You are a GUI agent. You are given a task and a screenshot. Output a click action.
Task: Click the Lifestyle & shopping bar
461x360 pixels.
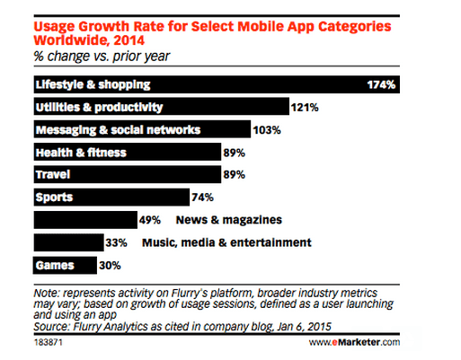[216, 85]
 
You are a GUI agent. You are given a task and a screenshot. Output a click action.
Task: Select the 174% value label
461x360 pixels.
[383, 85]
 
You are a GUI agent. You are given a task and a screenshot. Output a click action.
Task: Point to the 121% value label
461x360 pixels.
[303, 108]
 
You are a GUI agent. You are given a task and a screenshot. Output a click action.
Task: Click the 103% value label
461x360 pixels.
[265, 130]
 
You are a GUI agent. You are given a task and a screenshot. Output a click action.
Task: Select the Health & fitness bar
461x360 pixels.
[125, 153]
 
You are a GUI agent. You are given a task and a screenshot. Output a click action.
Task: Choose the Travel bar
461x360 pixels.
[125, 175]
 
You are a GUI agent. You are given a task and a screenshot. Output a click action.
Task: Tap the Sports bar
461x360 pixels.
[110, 198]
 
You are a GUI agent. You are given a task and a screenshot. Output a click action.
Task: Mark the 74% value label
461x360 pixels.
[202, 198]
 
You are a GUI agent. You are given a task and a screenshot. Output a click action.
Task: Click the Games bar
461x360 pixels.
[64, 266]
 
